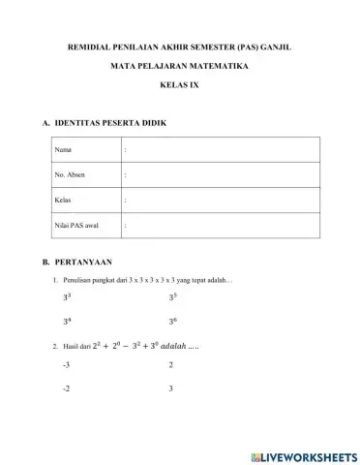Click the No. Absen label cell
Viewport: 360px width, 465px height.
(x=71, y=175)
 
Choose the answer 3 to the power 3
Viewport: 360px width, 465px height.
(x=67, y=298)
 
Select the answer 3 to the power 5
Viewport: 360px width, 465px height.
(x=172, y=298)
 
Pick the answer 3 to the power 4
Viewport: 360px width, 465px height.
(x=67, y=321)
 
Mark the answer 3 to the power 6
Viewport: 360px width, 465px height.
(x=172, y=321)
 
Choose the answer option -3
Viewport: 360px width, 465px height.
(x=66, y=365)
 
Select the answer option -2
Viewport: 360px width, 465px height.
(x=66, y=388)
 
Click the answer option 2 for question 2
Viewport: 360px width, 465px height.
(x=170, y=365)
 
